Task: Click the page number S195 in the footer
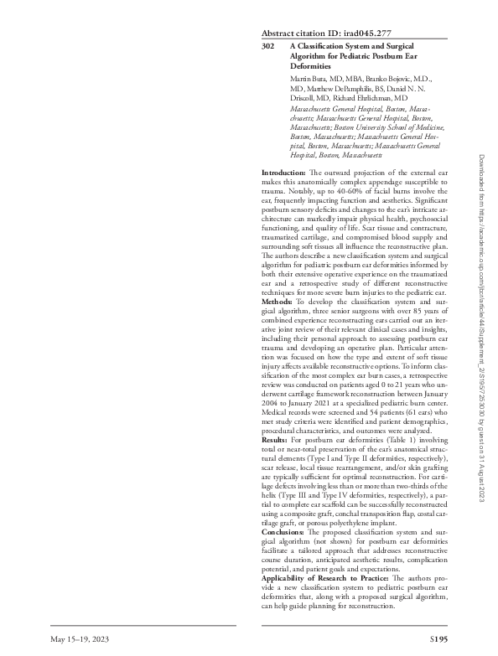[x=438, y=639]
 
